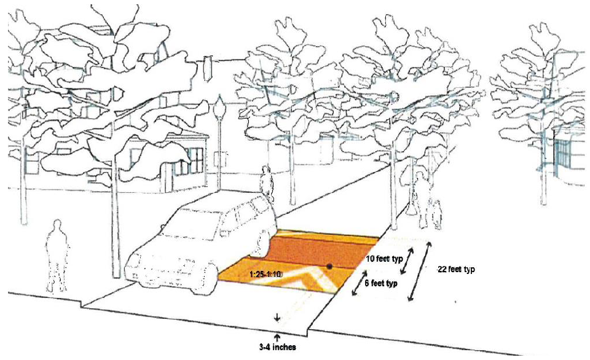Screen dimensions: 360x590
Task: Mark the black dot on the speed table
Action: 330,267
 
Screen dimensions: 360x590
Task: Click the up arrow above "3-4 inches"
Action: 277,336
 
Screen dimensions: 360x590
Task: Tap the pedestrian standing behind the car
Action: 266,181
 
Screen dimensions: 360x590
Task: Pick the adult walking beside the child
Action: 422,200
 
